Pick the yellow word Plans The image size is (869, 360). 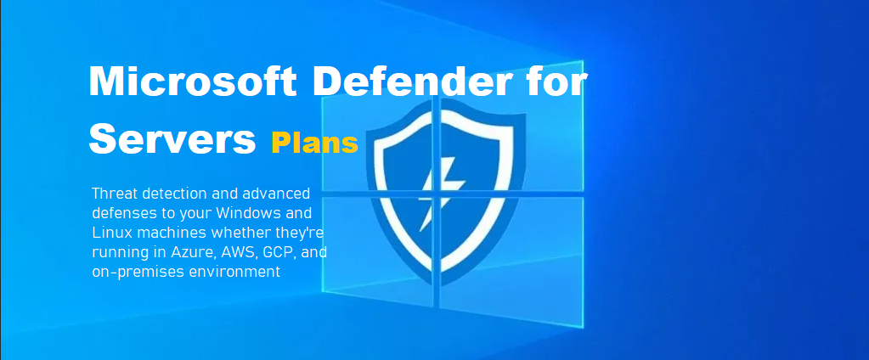pos(314,143)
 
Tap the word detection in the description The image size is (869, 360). pos(168,193)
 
